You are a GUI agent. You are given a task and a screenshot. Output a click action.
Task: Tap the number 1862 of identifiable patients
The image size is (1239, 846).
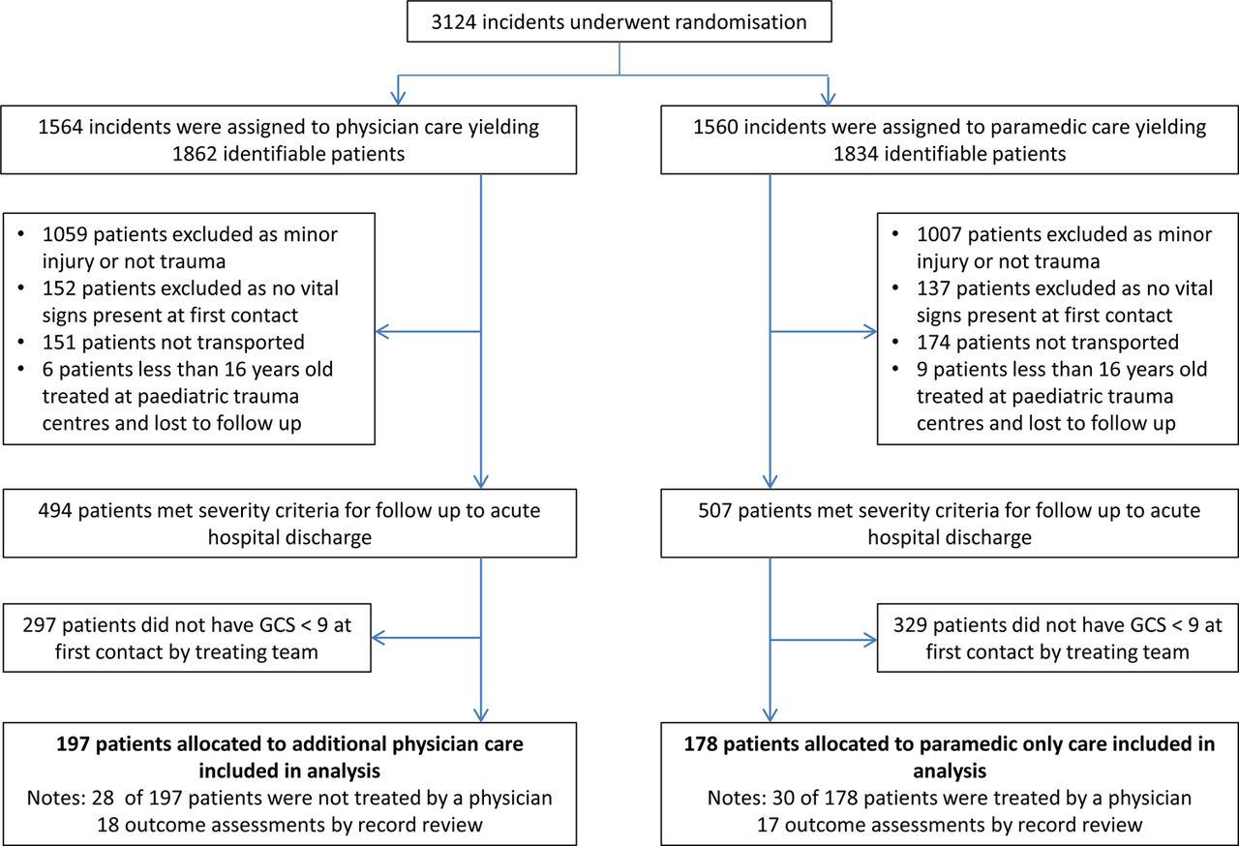(195, 154)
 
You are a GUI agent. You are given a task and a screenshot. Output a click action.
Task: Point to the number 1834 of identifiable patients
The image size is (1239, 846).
(856, 154)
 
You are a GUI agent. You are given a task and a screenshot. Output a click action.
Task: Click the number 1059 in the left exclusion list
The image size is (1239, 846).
(65, 234)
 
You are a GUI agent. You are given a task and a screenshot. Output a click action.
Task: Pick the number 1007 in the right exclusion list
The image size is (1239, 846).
(939, 234)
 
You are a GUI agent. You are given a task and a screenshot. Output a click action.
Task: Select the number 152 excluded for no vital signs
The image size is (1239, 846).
(59, 288)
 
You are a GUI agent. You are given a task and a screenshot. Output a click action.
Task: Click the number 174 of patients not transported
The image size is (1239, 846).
(934, 343)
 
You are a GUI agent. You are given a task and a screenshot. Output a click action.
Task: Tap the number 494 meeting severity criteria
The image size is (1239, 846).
(55, 510)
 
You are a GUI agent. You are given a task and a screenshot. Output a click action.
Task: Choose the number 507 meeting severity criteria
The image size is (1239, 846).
(715, 510)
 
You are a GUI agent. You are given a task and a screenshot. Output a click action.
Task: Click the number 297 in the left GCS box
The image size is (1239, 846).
(40, 625)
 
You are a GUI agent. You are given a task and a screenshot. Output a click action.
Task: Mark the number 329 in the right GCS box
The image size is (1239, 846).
(911, 625)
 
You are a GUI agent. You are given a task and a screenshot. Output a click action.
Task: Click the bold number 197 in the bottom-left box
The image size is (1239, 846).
(73, 744)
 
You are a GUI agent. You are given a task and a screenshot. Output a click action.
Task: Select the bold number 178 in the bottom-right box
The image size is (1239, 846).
(701, 744)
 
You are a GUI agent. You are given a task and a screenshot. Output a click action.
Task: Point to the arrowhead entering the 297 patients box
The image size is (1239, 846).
(378, 638)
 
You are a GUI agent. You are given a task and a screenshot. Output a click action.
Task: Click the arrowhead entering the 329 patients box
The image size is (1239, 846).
(870, 640)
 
